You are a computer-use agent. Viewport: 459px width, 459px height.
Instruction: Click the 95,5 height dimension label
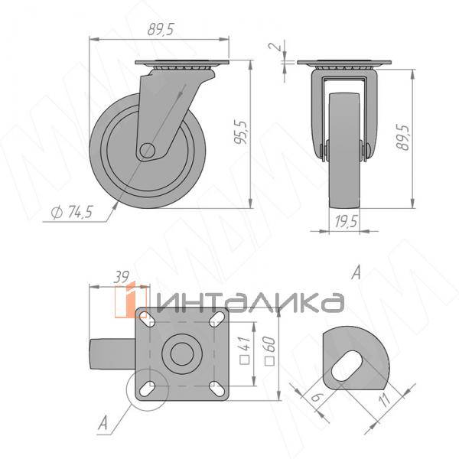[x=242, y=133]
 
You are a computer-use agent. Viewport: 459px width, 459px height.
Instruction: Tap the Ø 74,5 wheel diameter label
[x=71, y=212]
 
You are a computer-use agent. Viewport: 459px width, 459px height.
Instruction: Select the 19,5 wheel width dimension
[x=347, y=222]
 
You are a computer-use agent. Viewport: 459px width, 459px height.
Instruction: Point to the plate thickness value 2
[x=276, y=46]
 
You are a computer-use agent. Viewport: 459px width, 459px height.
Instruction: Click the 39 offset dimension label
[x=121, y=277]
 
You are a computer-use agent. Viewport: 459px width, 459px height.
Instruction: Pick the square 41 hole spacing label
[x=246, y=350]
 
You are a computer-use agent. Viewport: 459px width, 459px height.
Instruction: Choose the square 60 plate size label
[x=269, y=351]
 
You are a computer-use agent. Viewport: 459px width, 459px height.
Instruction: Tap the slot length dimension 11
[x=386, y=399]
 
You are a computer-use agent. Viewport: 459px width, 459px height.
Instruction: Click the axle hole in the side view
[x=147, y=151]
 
